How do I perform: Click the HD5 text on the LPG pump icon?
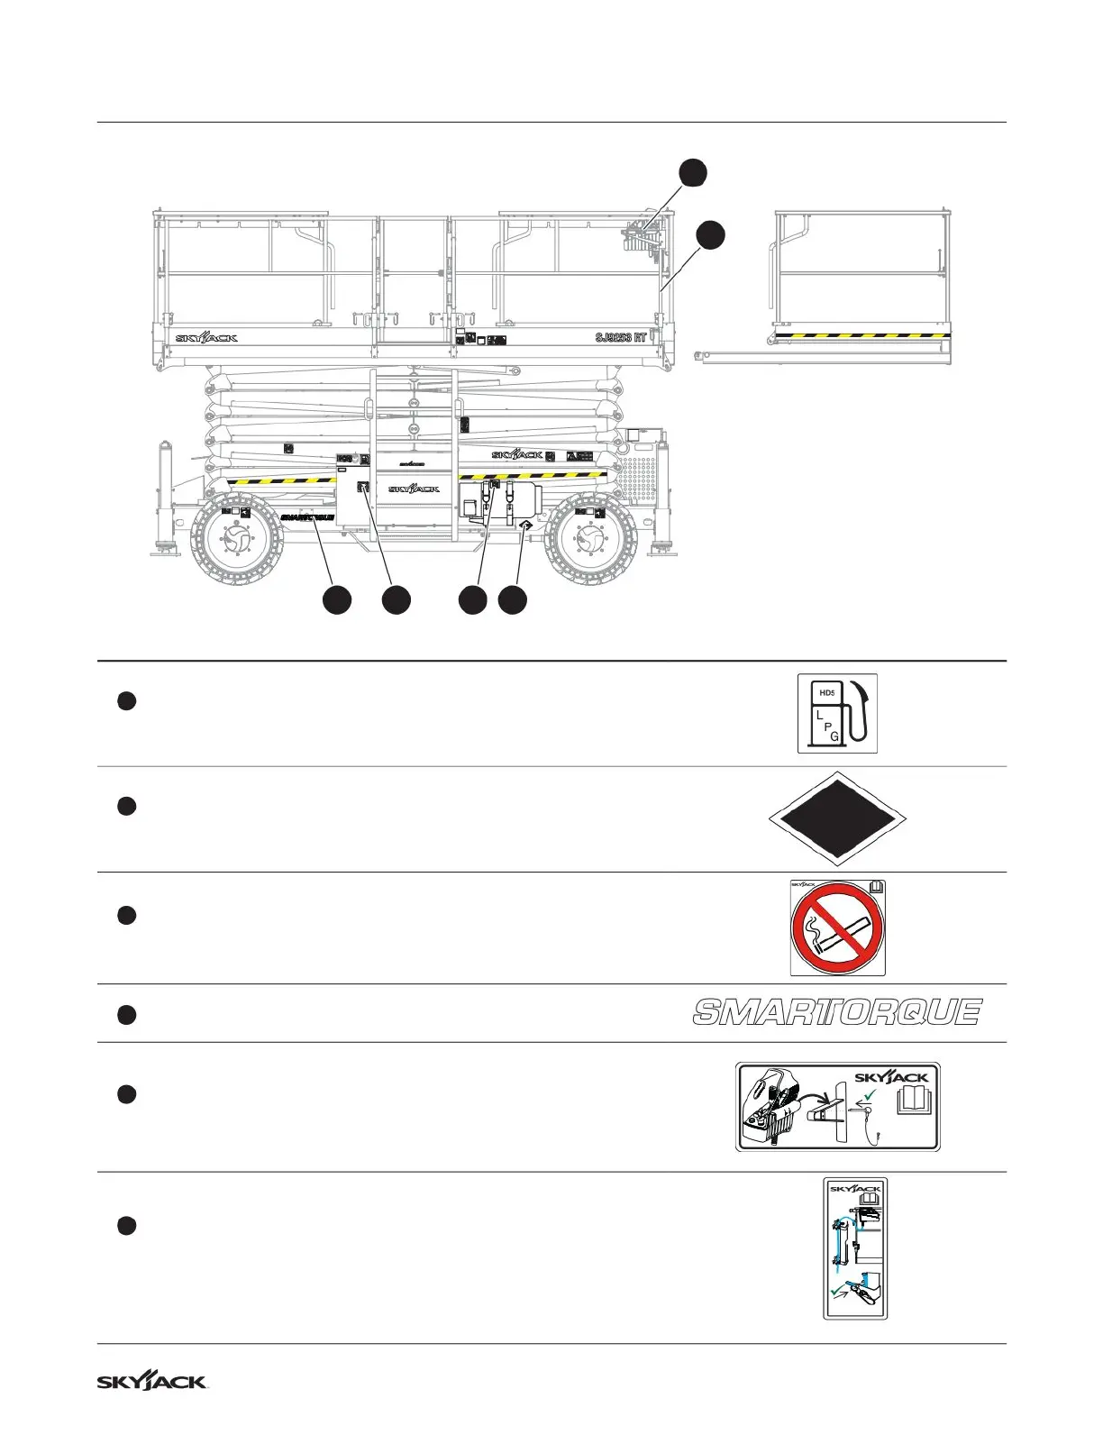point(826,693)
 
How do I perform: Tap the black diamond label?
point(837,819)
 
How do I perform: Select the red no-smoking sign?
point(837,929)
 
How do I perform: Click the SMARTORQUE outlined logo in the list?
point(837,1012)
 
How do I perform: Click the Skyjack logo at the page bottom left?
point(152,1382)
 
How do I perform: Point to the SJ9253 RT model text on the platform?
point(621,338)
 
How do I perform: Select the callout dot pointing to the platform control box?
point(692,174)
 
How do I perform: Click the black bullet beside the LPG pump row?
point(126,701)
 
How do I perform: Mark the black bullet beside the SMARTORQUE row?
point(126,1015)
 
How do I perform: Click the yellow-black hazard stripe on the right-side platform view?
point(864,335)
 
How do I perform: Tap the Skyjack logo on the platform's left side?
point(206,338)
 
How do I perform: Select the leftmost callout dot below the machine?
point(338,600)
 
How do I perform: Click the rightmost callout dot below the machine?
point(513,600)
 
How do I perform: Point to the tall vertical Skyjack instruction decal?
point(855,1248)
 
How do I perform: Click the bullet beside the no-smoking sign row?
point(126,916)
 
